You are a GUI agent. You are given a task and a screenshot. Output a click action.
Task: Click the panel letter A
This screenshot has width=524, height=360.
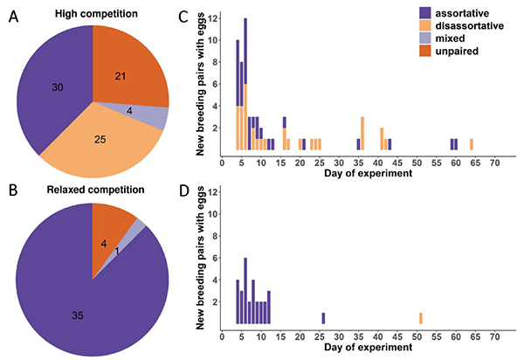(x=13, y=16)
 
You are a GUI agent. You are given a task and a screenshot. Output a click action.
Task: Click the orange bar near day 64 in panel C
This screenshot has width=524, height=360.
(x=472, y=144)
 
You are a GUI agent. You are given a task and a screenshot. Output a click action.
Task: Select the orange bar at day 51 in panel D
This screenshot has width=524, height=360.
(x=421, y=318)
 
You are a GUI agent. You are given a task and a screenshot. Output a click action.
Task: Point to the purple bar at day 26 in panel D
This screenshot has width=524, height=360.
(x=323, y=318)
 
